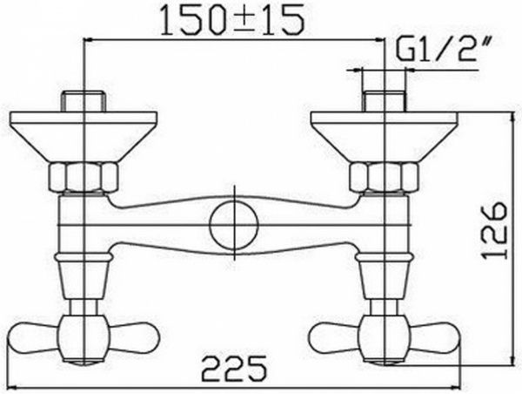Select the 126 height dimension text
(x=492, y=231)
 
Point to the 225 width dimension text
(x=234, y=370)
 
